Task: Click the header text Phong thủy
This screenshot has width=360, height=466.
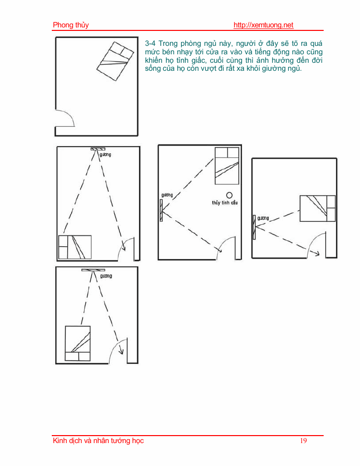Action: tap(71, 25)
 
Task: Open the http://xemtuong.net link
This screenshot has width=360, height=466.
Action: tap(263, 25)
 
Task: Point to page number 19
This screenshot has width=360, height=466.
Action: tap(303, 441)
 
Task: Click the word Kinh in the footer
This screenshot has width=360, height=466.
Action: tap(59, 441)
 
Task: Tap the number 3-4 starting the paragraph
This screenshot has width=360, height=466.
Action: tap(150, 43)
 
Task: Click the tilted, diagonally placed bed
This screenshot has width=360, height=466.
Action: tap(115, 61)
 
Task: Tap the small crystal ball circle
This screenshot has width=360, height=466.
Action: tap(230, 195)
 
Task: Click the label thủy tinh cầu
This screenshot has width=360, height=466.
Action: tap(225, 203)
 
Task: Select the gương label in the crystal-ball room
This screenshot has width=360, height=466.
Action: tap(167, 195)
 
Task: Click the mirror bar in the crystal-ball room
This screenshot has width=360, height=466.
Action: tap(161, 210)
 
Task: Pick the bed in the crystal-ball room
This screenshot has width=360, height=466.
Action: tap(227, 166)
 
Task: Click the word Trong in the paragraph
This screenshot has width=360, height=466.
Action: tap(168, 43)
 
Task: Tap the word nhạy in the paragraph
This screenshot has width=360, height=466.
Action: tap(185, 52)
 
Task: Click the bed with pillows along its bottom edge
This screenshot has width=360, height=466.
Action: tap(78, 343)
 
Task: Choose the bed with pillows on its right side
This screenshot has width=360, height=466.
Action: tap(318, 208)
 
